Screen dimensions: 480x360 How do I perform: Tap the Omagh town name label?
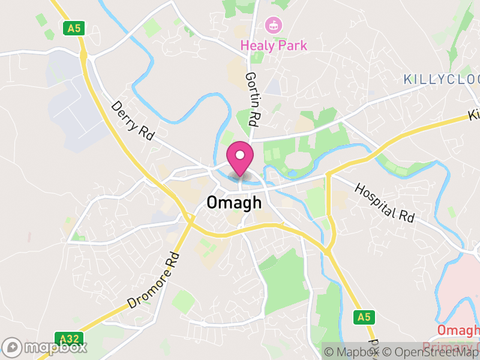234,203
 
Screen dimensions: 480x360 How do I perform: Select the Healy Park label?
274,45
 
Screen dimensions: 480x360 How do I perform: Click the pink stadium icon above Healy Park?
274,25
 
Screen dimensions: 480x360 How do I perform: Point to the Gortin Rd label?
253,100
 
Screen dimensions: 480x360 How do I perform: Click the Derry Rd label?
133,121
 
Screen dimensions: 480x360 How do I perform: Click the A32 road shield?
67,338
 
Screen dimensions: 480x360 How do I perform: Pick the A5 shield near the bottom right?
364,316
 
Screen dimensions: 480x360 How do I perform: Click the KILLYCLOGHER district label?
442,79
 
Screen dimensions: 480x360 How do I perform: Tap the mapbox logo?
45,347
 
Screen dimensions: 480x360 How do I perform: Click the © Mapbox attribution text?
352,352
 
